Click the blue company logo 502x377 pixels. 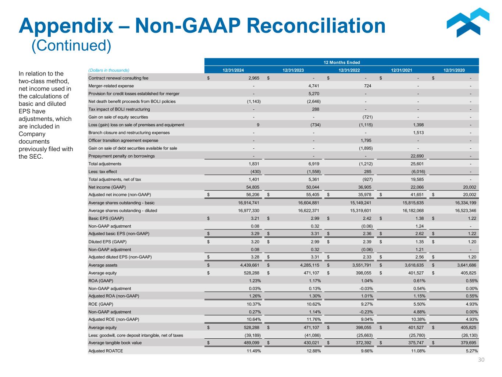point(467,23)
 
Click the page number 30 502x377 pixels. point(481,360)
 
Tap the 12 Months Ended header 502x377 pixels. point(342,63)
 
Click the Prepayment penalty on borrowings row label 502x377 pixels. point(121,156)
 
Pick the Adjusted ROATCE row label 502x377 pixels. point(106,351)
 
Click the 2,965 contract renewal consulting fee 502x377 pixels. point(254,78)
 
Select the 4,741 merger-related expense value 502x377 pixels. point(314,86)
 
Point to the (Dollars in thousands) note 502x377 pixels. point(109,70)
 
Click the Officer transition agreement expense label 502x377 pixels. point(123,140)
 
